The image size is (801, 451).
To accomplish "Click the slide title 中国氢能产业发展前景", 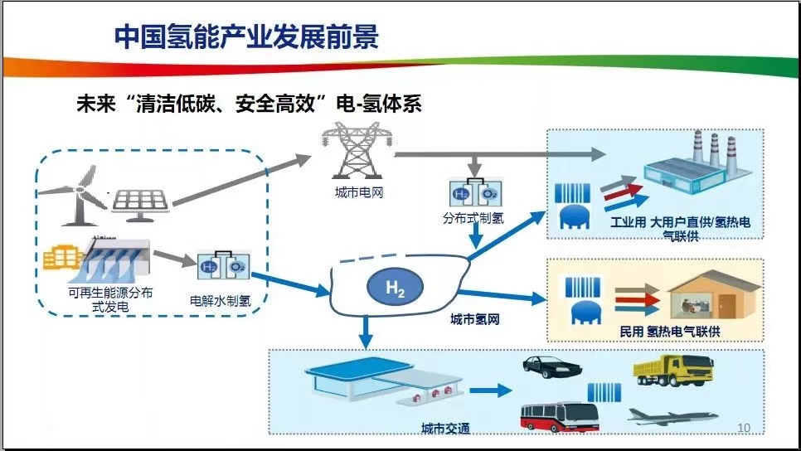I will click(x=246, y=37).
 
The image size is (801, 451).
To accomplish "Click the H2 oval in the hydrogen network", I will click(x=395, y=287).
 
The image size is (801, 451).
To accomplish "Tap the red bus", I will click(x=557, y=415).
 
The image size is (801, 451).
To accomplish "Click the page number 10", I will click(x=743, y=427).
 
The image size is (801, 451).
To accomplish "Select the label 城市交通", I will click(x=445, y=428).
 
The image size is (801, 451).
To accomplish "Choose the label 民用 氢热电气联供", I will click(x=669, y=332).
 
